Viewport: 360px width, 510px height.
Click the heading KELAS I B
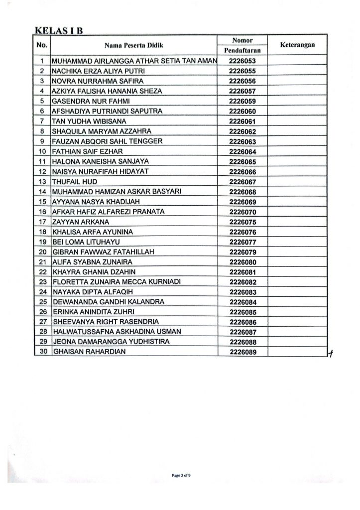59,29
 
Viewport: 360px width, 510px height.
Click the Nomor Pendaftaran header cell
242,45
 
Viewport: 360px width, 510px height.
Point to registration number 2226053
242,61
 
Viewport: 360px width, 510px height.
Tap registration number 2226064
242,151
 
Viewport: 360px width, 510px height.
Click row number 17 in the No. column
42,222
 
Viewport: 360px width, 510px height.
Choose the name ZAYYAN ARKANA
80,222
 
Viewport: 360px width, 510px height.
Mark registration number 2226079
242,252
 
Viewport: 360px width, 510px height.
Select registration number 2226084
242,302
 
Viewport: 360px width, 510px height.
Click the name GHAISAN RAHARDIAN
87,353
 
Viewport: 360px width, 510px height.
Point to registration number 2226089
242,353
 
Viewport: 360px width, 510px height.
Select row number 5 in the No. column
42,102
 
